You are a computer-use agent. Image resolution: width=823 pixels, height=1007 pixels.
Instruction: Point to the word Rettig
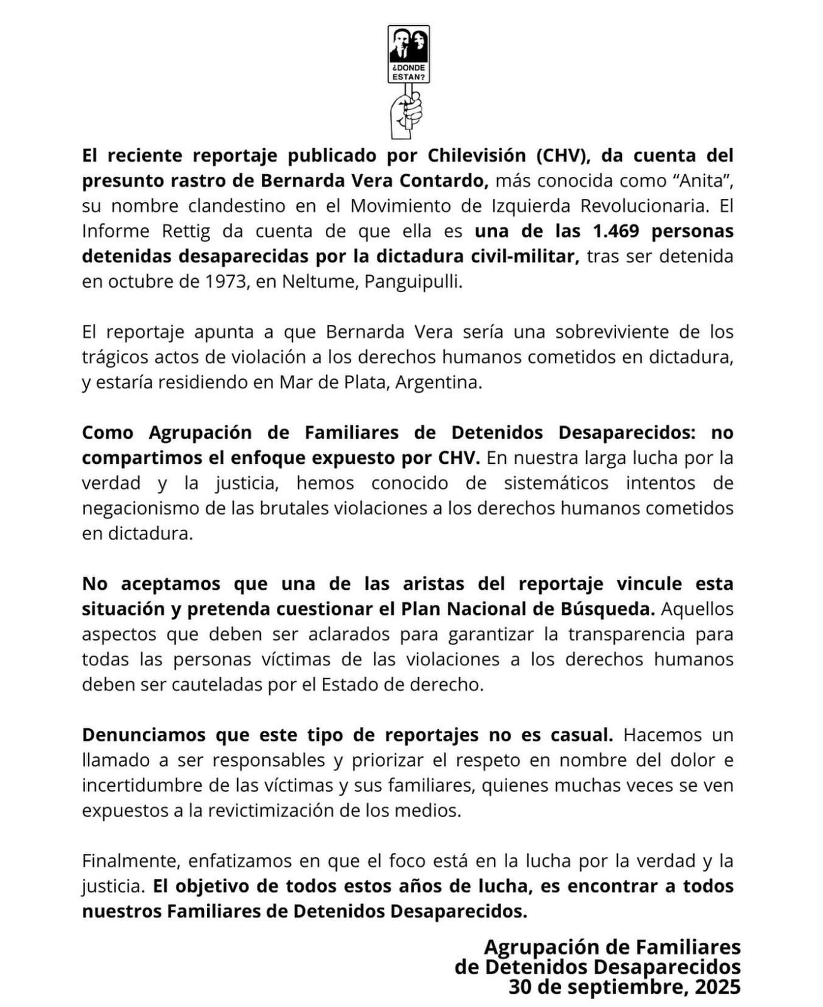[189, 231]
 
